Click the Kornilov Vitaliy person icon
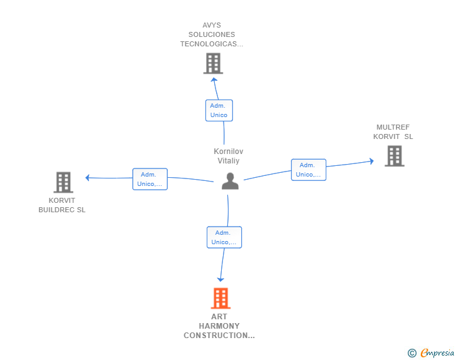coord(230,181)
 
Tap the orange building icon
coord(220,298)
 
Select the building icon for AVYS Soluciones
coord(213,63)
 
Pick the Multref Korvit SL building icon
coord(395,156)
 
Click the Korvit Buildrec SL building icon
coord(63,182)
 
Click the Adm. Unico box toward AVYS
coord(219,110)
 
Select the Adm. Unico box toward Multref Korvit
coord(309,170)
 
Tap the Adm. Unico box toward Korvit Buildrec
coord(150,179)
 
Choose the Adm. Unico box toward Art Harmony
coord(224,237)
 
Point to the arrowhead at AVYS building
coord(214,80)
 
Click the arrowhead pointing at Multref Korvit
coord(371,161)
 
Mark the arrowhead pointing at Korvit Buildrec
coord(87,177)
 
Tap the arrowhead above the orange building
coord(220,280)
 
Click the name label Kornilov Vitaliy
coord(229,156)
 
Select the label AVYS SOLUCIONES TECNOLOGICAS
coord(212,34)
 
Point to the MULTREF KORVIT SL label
coord(393,131)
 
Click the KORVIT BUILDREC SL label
coord(62,205)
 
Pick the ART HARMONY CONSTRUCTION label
coord(219,326)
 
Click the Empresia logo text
coord(437,352)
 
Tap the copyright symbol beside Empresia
coord(412,353)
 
